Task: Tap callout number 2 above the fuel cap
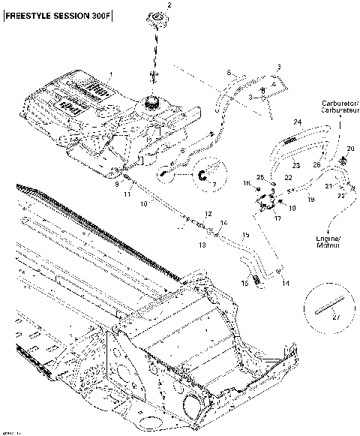pos(169,5)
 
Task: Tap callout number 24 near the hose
pos(297,122)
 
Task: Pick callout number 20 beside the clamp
pos(350,149)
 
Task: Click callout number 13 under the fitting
pos(202,245)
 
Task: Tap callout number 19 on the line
pos(310,200)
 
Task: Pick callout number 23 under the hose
pos(295,165)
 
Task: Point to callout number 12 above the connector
pos(209,214)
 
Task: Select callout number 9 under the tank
pos(115,183)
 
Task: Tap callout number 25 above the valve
pos(260,176)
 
